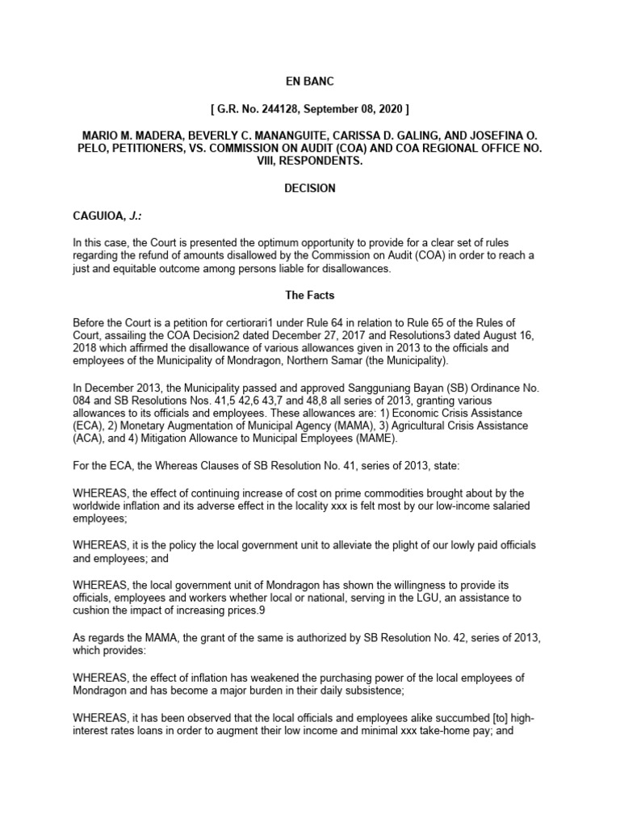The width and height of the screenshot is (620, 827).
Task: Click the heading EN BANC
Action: (x=309, y=82)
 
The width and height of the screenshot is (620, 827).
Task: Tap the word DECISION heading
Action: (x=309, y=188)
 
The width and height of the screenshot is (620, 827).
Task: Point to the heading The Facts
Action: (x=309, y=296)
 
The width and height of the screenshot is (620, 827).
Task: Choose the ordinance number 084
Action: (x=86, y=407)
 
